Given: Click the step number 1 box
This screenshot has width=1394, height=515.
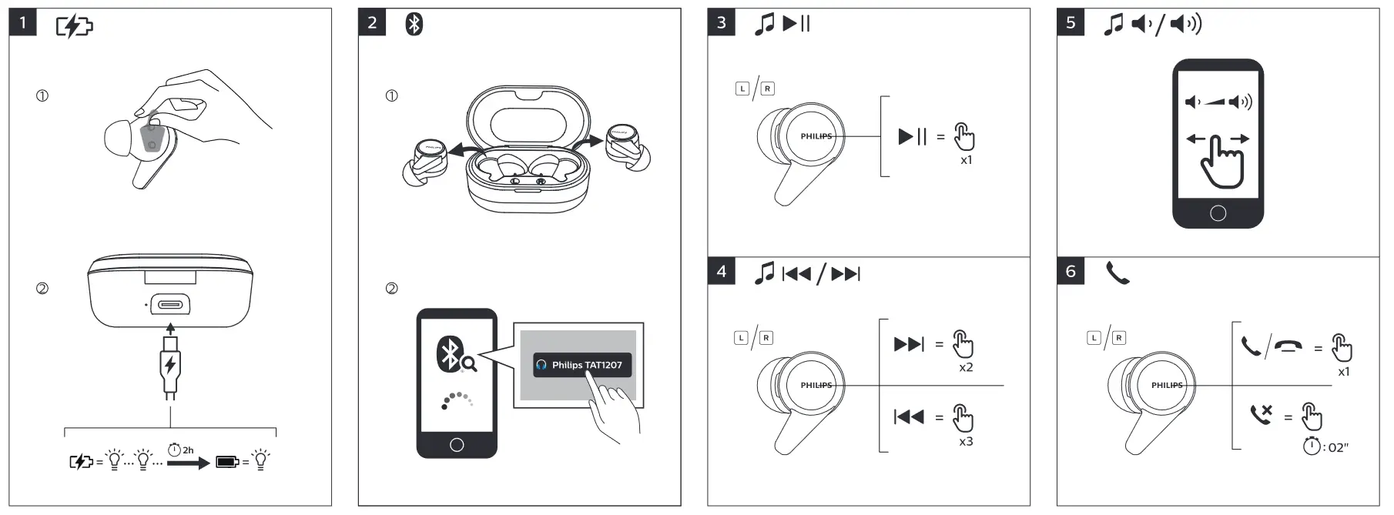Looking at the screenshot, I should tap(22, 23).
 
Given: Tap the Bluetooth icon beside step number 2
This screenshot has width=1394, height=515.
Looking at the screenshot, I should tap(414, 25).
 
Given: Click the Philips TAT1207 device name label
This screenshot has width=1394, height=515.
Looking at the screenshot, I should tap(582, 365).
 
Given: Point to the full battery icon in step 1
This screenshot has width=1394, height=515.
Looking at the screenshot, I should tap(227, 462).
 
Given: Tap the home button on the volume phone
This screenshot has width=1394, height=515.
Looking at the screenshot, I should tap(1218, 213).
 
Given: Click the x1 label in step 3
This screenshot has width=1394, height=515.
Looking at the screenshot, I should tap(967, 160).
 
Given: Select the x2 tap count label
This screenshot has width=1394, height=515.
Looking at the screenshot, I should tap(966, 368).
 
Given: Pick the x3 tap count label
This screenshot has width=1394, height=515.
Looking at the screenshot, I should tap(966, 442).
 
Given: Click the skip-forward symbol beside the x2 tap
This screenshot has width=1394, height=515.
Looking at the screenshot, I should tap(909, 344).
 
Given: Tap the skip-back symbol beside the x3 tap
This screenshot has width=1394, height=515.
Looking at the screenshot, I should tap(909, 417).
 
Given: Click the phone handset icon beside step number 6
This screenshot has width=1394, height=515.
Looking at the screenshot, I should tap(1118, 273).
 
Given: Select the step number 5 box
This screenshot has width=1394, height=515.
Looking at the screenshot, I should tap(1071, 23).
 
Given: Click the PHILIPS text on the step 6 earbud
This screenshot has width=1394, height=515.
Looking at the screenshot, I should tap(1167, 385).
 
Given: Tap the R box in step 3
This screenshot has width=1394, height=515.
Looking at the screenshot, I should tap(767, 89).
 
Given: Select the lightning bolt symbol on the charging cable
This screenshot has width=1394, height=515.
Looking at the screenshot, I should tap(170, 363).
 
